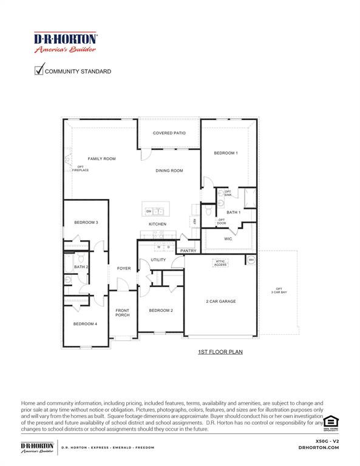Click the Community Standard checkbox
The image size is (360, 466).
coord(39,70)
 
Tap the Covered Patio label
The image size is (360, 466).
coord(169,133)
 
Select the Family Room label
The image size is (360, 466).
coord(101,159)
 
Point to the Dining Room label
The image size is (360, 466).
coord(169,171)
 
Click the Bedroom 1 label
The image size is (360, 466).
coord(225,153)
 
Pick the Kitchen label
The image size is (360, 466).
coord(157,225)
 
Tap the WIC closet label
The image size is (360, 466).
coord(228,239)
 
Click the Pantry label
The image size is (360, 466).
coord(188,251)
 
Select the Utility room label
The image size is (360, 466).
coord(158,260)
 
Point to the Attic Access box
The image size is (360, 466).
coord(220,263)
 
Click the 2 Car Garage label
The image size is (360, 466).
coord(220,301)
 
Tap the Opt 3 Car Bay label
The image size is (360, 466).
coord(279,291)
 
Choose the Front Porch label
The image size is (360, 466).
coord(123,313)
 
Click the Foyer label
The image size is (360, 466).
coord(124,268)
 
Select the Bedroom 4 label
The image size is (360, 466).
coord(85,324)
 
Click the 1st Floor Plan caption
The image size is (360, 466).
coord(220,351)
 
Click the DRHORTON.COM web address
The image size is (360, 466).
coord(318,447)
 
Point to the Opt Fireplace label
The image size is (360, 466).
coord(81,169)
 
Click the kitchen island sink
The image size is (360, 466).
coord(159,211)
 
